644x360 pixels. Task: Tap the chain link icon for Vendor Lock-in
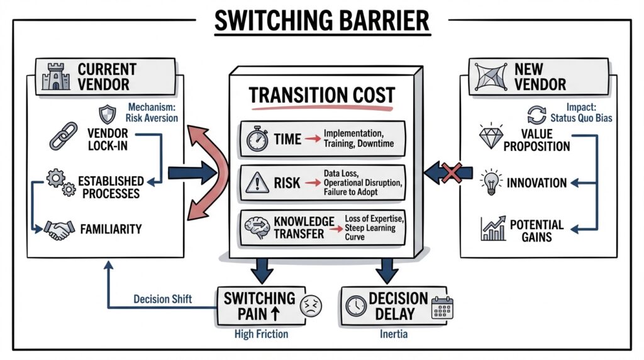[64, 136]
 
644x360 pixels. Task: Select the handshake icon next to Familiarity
[58, 229]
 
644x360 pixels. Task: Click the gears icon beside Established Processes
[59, 182]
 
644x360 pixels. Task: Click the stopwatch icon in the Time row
[258, 139]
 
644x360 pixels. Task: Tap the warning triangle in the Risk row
[258, 183]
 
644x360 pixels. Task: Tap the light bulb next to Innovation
[491, 183]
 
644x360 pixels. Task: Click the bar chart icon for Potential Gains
[494, 230]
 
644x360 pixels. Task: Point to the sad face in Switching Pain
[311, 305]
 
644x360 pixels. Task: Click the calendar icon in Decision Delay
[443, 307]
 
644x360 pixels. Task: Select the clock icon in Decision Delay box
[355, 306]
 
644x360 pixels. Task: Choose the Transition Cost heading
[321, 96]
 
